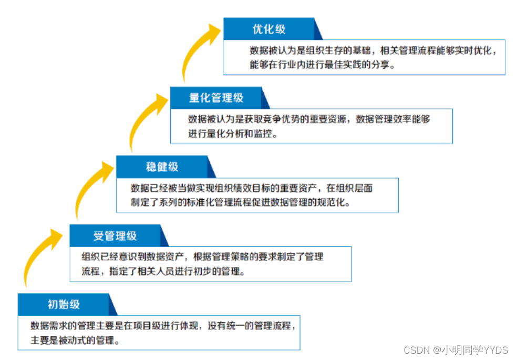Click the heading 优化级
269,29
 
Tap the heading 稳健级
162,167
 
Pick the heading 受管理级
115,235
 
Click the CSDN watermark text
456,349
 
